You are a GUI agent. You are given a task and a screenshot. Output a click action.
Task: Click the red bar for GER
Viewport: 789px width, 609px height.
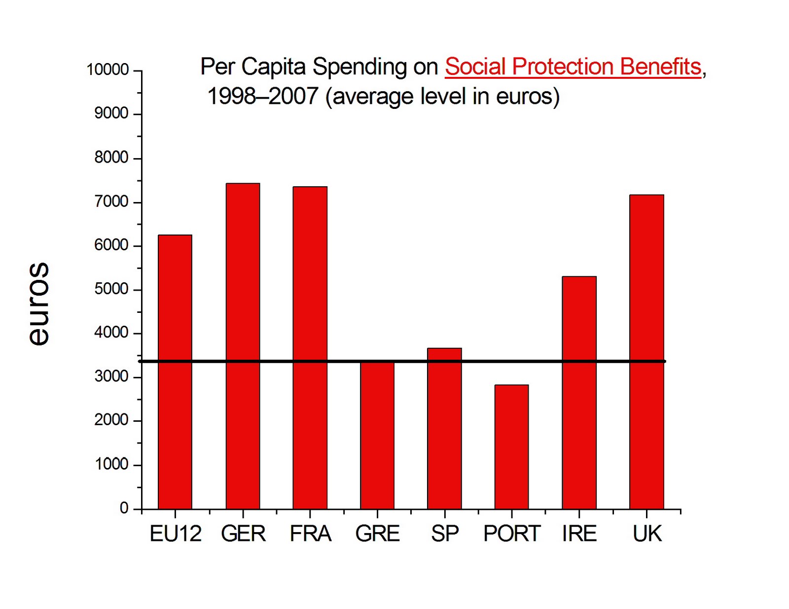coord(243,345)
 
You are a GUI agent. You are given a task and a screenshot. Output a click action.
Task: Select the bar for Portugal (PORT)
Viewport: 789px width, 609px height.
coord(511,446)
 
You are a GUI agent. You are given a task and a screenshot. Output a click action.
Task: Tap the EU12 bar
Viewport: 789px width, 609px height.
coord(175,372)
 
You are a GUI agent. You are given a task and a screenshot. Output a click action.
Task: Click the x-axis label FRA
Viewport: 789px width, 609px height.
coord(310,534)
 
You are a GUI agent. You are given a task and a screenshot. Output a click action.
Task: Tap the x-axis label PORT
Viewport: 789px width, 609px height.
coord(512,534)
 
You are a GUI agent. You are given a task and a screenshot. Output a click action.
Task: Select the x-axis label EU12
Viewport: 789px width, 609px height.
coord(176,534)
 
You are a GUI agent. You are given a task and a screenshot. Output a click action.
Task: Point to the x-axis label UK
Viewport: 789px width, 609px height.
coord(647,534)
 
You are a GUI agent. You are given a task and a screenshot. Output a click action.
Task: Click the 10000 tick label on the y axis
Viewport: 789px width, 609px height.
coord(108,69)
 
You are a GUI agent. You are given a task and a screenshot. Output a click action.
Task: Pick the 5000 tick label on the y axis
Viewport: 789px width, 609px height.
coord(111,289)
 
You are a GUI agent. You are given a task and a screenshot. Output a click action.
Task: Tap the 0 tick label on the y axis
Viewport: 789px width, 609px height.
coord(124,507)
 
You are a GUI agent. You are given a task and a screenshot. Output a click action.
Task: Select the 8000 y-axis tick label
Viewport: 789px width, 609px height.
coord(111,157)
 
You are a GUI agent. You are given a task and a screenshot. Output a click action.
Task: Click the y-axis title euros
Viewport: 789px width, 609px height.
coord(38,304)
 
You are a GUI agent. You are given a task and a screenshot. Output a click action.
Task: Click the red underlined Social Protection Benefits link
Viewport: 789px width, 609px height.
coord(573,67)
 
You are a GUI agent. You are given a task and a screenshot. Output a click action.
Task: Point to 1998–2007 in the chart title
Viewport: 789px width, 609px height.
coord(262,96)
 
